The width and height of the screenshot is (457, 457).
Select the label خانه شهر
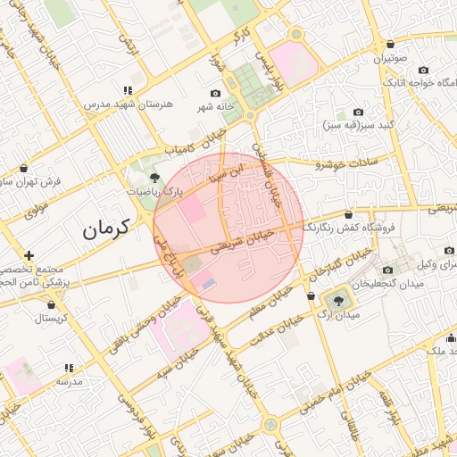(217, 106)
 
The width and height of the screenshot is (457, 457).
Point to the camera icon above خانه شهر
(215, 94)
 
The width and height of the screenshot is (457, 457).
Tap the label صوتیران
(390, 58)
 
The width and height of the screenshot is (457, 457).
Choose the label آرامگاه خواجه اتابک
(420, 82)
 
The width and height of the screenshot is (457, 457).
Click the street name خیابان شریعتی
(239, 241)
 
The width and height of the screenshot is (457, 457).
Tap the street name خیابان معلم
(271, 304)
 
